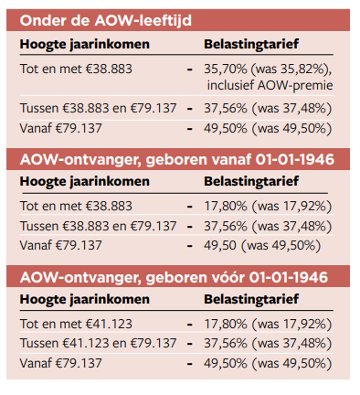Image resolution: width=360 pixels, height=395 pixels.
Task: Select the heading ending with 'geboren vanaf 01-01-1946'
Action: (176, 159)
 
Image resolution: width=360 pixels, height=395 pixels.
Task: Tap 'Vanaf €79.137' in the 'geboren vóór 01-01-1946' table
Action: (60, 362)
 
